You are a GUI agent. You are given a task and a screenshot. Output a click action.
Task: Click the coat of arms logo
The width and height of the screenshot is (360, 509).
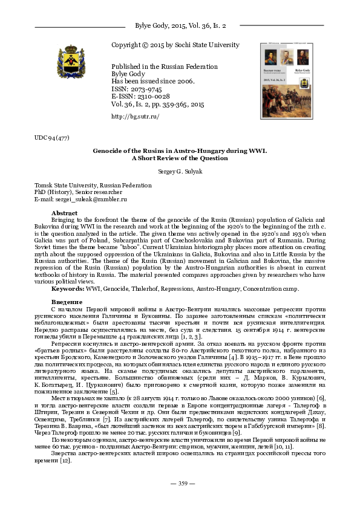[x=71, y=63]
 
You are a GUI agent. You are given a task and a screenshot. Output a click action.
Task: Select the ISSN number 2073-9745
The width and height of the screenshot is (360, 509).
[x=143, y=88]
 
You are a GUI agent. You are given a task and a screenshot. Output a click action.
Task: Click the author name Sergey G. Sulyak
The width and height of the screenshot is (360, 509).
[x=179, y=172]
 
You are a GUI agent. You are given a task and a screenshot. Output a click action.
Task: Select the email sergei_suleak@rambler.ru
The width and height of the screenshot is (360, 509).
[x=89, y=199]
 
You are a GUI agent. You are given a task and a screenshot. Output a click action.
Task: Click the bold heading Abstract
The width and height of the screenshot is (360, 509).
[x=64, y=213]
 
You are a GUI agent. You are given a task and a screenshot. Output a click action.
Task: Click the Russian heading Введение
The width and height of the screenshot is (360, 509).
[x=67, y=302]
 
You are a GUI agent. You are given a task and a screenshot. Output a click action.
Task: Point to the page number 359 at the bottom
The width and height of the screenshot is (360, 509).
[x=180, y=483]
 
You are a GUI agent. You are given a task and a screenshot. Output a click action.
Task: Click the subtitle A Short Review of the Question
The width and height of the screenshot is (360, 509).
[x=180, y=158]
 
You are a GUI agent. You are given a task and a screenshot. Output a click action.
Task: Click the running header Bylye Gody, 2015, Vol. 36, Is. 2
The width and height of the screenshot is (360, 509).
[x=180, y=27]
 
